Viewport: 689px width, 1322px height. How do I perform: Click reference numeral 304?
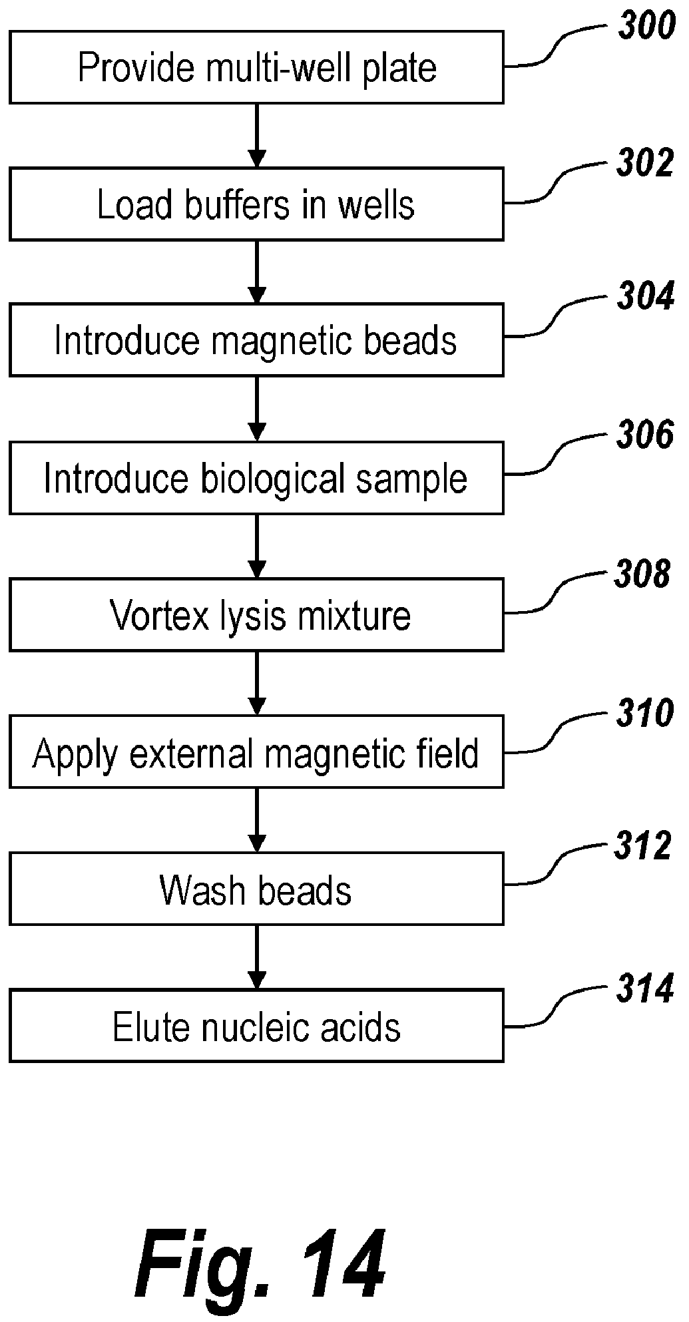(646, 296)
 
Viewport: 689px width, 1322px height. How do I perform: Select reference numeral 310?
(645, 714)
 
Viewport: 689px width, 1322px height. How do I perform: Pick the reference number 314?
(645, 989)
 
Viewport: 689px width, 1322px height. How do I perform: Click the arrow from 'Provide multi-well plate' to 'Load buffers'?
(256, 136)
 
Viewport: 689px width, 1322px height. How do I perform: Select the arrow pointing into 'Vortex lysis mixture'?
(256, 547)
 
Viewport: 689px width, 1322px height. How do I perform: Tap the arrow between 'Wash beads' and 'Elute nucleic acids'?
(256, 957)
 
